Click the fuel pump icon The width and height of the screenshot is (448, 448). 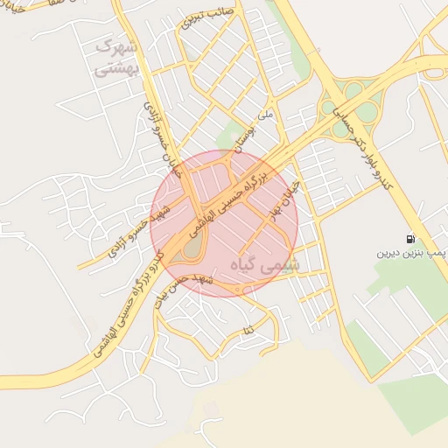(410, 239)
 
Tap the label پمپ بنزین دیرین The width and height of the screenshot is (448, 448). (411, 253)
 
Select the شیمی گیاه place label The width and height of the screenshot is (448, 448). (264, 262)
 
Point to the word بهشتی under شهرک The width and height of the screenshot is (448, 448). (115, 67)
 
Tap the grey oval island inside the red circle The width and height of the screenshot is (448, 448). (192, 249)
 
